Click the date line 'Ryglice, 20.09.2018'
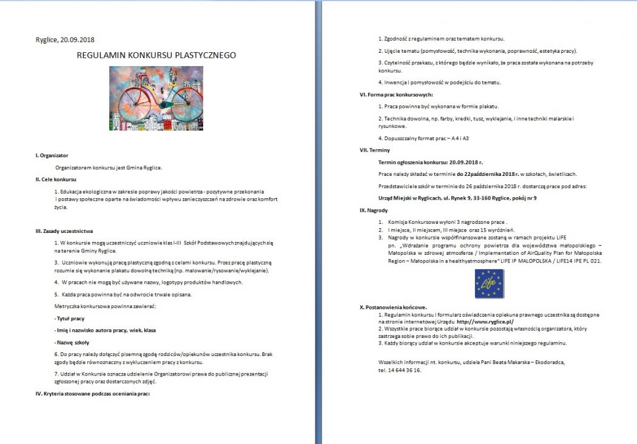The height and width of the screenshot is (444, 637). click(x=65, y=40)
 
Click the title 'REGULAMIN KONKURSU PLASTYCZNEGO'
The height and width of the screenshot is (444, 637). click(x=157, y=55)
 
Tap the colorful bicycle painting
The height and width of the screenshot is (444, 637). click(x=156, y=98)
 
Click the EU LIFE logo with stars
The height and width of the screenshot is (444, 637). click(x=490, y=283)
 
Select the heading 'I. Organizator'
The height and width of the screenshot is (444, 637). click(x=52, y=155)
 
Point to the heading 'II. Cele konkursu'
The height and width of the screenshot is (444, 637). click(x=56, y=180)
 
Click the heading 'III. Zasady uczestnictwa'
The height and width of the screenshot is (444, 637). click(x=64, y=230)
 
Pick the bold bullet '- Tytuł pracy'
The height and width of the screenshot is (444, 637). click(x=69, y=318)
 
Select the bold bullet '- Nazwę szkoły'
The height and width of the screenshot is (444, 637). click(x=72, y=342)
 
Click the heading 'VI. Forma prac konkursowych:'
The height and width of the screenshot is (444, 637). click(x=396, y=95)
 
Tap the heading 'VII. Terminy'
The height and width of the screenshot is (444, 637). click(x=375, y=150)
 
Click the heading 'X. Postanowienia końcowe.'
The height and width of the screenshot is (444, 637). click(x=393, y=307)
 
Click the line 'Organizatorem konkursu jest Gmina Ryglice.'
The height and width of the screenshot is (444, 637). click(x=109, y=167)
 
